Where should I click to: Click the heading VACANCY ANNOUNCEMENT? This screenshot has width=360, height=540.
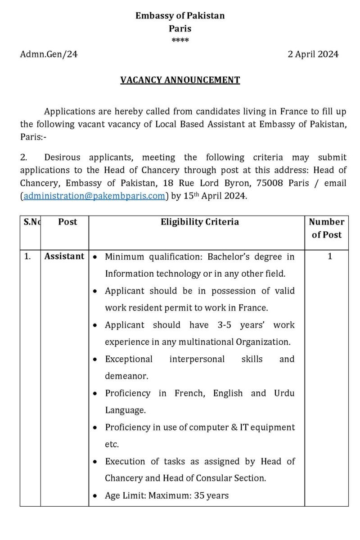tap(180, 80)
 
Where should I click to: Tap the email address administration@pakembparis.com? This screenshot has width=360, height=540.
tap(94, 196)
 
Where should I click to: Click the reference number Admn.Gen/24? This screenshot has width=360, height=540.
tap(49, 54)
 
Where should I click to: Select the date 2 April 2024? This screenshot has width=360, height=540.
tap(313, 54)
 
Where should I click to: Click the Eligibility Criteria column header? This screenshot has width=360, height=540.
tap(200, 222)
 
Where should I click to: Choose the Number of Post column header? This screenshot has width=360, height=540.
tap(327, 228)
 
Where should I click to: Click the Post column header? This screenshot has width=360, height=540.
tap(67, 222)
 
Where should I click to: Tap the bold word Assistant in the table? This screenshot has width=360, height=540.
tap(64, 256)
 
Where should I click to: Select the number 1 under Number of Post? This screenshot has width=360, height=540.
tap(330, 256)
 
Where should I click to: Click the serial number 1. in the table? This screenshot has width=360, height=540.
tap(27, 256)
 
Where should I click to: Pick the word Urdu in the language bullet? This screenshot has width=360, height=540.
tap(284, 393)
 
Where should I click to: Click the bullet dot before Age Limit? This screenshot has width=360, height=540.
tap(95, 496)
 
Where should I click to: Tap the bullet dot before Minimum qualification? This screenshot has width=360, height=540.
tap(95, 257)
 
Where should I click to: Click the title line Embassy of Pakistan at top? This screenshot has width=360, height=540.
tap(180, 16)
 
